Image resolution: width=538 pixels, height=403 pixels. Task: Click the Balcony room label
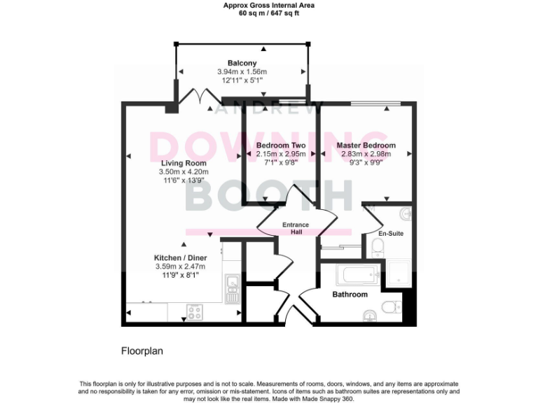(x=242, y=63)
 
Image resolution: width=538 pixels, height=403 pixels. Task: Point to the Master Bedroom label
(x=364, y=146)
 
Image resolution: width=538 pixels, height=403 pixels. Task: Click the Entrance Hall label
(x=295, y=228)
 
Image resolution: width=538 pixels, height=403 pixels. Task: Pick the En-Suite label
(x=390, y=233)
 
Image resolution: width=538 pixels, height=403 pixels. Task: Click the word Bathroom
(x=350, y=295)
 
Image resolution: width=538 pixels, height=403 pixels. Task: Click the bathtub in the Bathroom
(x=357, y=274)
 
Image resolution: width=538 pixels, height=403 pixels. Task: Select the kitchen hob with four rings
(x=194, y=311)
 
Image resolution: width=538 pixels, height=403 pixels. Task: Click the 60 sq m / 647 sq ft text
(x=268, y=13)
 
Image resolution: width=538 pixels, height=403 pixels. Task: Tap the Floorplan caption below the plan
(x=142, y=351)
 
